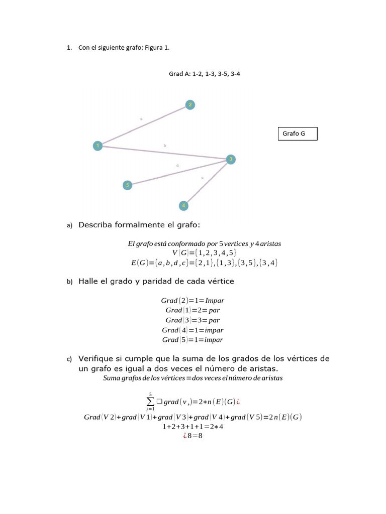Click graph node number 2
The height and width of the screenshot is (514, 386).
tap(190, 105)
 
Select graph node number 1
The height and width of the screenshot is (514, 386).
tap(98, 146)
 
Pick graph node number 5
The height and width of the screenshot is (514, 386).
tap(128, 185)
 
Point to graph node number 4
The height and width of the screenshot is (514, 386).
tap(184, 205)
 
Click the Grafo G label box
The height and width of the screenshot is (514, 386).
tap(298, 134)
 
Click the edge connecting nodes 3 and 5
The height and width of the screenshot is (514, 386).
tap(178, 173)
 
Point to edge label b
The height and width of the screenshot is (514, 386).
tap(165, 145)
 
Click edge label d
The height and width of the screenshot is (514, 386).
tap(177, 165)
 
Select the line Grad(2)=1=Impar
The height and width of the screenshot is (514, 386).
tap(192, 301)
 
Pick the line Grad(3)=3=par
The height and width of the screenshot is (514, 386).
tap(192, 320)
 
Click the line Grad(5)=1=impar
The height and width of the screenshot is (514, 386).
tap(192, 340)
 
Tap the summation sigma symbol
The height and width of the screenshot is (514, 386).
tap(150, 402)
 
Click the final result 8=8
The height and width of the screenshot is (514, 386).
tap(193, 436)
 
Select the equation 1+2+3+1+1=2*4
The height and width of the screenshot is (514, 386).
tap(193, 427)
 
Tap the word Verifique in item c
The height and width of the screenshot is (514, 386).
tap(99, 359)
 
